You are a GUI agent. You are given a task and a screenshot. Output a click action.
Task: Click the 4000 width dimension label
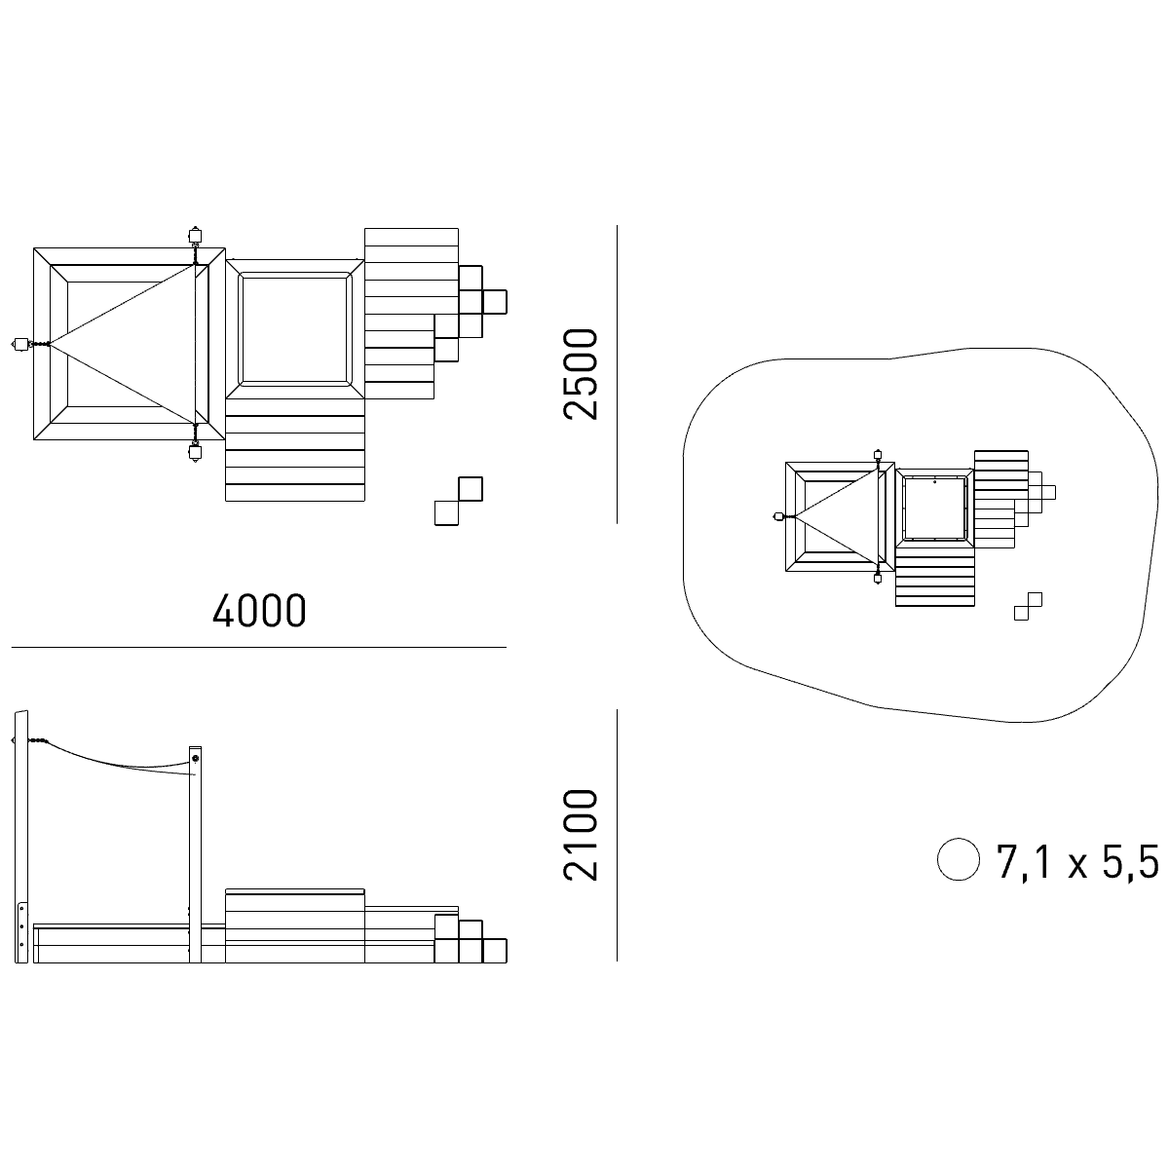pos(259,610)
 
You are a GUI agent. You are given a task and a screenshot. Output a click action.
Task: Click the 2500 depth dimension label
pos(581,374)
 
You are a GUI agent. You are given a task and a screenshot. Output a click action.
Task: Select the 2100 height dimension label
pos(581,835)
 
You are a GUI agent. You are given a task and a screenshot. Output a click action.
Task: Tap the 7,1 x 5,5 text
pos(1077,861)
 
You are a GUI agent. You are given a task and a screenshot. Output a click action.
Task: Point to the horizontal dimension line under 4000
pos(259,647)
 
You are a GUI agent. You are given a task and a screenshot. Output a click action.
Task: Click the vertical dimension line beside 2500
pos(617,374)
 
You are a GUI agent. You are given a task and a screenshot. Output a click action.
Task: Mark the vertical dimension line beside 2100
pos(617,835)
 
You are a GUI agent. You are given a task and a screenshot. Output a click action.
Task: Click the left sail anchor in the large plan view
pos(21,344)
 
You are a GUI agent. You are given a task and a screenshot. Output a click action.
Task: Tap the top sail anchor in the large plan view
pos(195,236)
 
